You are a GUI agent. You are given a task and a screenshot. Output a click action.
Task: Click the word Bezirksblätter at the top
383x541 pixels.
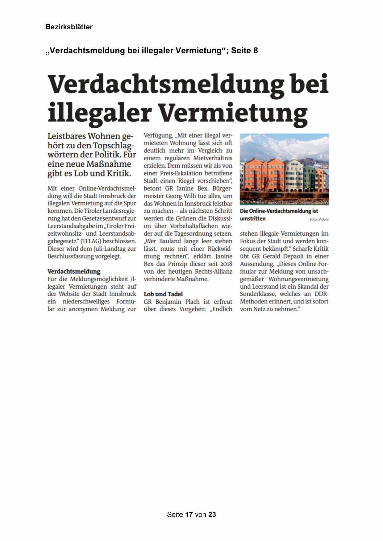(69, 27)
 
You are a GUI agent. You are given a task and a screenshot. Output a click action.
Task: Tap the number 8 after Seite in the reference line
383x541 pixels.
(256, 50)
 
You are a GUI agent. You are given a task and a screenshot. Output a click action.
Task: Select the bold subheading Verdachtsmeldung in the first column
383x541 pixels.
(74, 271)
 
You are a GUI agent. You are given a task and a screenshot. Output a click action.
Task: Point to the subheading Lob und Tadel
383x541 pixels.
(163, 294)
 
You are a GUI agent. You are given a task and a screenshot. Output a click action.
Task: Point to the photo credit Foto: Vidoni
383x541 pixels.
(319, 219)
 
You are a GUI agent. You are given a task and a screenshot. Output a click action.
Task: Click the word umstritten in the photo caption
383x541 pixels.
(252, 218)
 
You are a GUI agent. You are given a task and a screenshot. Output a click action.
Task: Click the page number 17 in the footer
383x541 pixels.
(189, 514)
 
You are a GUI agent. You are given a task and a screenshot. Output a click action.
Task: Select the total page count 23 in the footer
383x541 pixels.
(212, 514)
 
